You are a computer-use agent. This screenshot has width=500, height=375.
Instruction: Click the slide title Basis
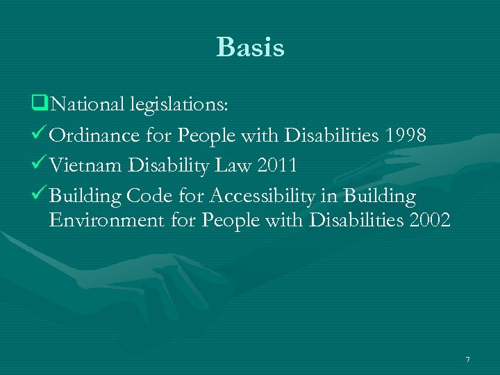(x=250, y=47)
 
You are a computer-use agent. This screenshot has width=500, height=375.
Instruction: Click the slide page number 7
(x=468, y=359)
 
